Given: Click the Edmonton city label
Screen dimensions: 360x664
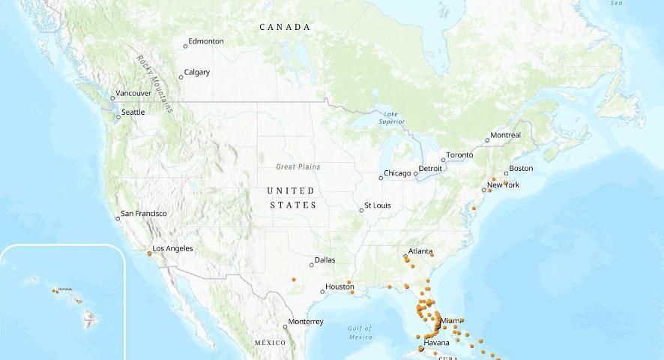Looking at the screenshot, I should tap(205, 41).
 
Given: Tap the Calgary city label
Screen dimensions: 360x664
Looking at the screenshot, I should tap(196, 73).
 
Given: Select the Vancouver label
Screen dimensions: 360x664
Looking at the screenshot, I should tap(134, 94).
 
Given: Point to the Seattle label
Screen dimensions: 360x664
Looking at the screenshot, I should tap(133, 112).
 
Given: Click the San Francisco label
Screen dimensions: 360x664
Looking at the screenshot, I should tap(144, 214).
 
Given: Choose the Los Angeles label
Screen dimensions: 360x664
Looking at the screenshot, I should tap(172, 249).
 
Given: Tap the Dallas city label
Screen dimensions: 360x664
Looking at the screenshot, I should tap(325, 261).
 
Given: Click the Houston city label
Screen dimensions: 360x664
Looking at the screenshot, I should tap(339, 287).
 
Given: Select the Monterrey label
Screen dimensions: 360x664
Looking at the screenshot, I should tap(306, 322).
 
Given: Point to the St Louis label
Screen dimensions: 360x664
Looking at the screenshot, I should tap(377, 205).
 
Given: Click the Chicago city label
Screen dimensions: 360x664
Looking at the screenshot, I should tap(397, 174).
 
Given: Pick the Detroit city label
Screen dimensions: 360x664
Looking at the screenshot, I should tap(430, 169).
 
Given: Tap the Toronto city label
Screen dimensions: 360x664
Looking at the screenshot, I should tap(459, 155).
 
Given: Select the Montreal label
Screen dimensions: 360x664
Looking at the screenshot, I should tap(504, 136).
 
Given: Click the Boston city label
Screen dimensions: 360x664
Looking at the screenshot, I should tap(521, 169).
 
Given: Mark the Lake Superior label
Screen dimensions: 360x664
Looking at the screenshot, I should tap(391, 118).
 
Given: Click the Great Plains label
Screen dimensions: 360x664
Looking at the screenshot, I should tap(298, 167).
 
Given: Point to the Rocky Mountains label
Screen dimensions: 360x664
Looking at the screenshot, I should tap(155, 83).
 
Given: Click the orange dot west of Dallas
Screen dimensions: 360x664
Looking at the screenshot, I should tap(294, 280).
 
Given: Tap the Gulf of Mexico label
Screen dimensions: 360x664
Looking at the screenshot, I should tap(360, 332).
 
